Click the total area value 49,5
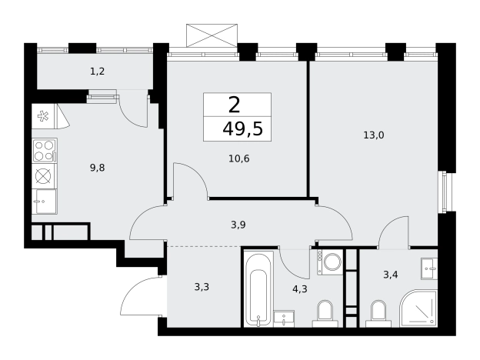click(243, 128)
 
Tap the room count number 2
click(234, 105)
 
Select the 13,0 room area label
click(374, 135)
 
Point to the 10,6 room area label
click(239, 158)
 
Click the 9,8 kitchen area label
click(98, 168)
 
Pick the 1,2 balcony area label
click(98, 72)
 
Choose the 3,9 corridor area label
click(238, 225)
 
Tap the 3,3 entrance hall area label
click(202, 287)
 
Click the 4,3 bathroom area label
click(300, 289)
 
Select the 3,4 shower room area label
click(391, 275)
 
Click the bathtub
click(259, 288)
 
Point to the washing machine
click(330, 262)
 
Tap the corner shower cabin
click(418, 308)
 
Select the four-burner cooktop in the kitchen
click(45, 150)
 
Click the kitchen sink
click(45, 201)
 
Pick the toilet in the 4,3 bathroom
click(325, 314)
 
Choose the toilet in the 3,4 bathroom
click(378, 314)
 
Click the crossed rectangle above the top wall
click(212, 35)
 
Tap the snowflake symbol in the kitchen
click(43, 116)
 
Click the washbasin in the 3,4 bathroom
click(429, 268)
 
